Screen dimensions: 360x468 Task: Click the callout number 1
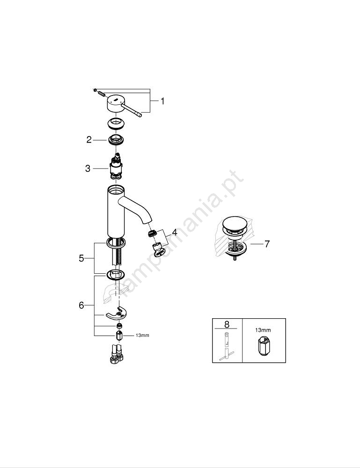point(162,102)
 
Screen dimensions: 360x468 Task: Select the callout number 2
point(89,139)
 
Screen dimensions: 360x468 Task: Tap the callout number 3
point(88,168)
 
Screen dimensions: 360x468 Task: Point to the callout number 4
point(174,232)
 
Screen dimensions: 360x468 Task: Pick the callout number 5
point(81,258)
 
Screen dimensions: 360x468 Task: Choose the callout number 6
point(81,305)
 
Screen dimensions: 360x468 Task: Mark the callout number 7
point(267,244)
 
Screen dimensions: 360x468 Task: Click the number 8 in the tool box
point(227,324)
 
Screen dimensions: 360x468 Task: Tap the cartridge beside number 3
point(117,167)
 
